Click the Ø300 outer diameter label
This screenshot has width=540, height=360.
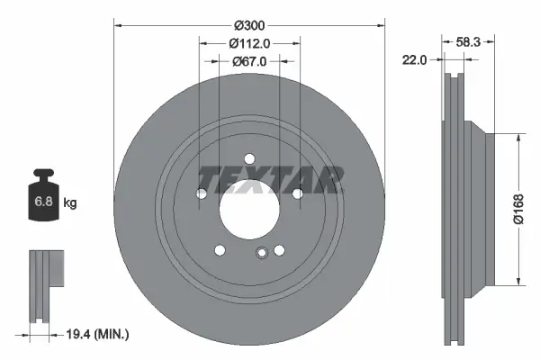249,25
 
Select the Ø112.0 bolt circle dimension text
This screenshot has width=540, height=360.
249,43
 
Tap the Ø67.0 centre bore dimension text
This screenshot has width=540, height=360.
249,61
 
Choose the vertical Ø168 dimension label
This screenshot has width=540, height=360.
519,210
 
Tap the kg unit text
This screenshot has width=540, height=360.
70,203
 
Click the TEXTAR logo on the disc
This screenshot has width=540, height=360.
271,178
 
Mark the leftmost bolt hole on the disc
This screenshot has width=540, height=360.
202,193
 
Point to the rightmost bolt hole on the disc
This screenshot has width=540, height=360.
297,193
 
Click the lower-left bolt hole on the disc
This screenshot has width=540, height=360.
219,250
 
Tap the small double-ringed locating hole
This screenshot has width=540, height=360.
261,253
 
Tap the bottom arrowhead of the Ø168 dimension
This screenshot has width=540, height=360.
520,282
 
